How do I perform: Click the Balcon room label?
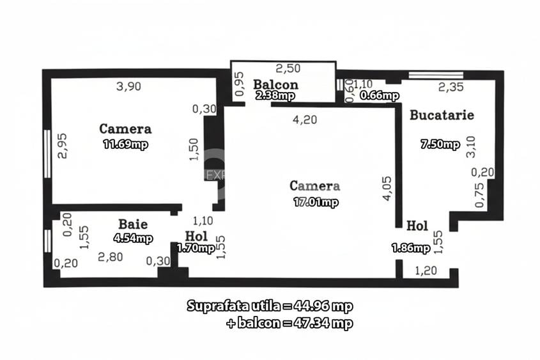[275, 84]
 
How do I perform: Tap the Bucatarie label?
[442, 116]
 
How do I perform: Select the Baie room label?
[133, 224]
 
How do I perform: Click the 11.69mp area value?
[125, 145]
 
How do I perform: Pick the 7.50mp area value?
[440, 145]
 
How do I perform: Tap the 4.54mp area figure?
[133, 239]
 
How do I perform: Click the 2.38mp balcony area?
[275, 96]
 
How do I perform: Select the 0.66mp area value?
[380, 96]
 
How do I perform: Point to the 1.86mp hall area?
[410, 247]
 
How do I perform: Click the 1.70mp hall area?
[196, 248]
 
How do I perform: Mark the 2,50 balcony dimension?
[288, 68]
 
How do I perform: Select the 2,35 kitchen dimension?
[451, 88]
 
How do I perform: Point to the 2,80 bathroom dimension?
[110, 257]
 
